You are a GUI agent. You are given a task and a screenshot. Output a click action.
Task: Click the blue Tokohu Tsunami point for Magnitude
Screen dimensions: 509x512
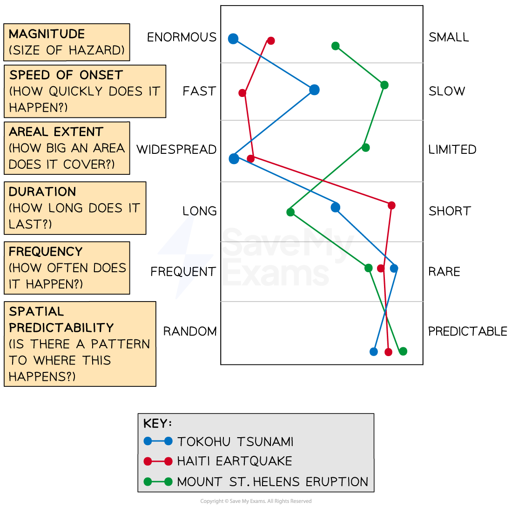pyautogui.click(x=233, y=39)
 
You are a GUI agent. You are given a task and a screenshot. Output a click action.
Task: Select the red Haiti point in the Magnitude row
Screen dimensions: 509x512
pyautogui.click(x=271, y=41)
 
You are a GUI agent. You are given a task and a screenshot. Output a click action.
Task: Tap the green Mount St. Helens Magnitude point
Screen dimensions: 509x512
pyautogui.click(x=335, y=46)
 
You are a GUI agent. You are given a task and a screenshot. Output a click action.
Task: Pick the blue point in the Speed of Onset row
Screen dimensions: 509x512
pyautogui.click(x=314, y=89)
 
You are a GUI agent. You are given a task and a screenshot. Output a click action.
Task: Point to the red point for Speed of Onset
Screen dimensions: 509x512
pyautogui.click(x=242, y=93)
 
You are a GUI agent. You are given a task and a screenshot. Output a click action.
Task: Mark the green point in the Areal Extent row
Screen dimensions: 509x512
pyautogui.click(x=365, y=147)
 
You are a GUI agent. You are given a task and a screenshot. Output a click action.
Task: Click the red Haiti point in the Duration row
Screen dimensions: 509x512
pyautogui.click(x=391, y=205)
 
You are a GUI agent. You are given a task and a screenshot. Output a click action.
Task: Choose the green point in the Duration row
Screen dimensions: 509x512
pyautogui.click(x=290, y=212)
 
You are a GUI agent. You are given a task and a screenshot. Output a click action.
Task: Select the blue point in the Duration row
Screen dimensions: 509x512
pyautogui.click(x=335, y=207)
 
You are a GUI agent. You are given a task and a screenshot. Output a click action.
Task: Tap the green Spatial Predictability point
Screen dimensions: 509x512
pyautogui.click(x=403, y=351)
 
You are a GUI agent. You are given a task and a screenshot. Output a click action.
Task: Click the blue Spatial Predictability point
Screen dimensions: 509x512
pyautogui.click(x=373, y=351)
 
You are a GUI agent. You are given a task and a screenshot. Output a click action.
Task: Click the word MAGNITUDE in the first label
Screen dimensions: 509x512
pyautogui.click(x=47, y=34)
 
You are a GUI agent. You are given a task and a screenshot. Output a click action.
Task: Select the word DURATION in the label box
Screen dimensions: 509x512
pyautogui.click(x=42, y=192)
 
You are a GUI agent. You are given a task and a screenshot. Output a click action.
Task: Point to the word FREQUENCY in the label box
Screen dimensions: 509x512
pyautogui.click(x=46, y=252)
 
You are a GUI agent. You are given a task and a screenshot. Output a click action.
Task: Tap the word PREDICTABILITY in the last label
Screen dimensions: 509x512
pyautogui.click(x=61, y=327)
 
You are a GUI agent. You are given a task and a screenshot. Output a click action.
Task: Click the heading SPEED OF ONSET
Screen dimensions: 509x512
pyautogui.click(x=66, y=75)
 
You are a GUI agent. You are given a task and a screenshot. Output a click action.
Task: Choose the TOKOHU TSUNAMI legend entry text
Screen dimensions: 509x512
pyautogui.click(x=235, y=441)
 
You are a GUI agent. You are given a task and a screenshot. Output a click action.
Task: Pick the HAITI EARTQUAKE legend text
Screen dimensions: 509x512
pyautogui.click(x=234, y=461)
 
